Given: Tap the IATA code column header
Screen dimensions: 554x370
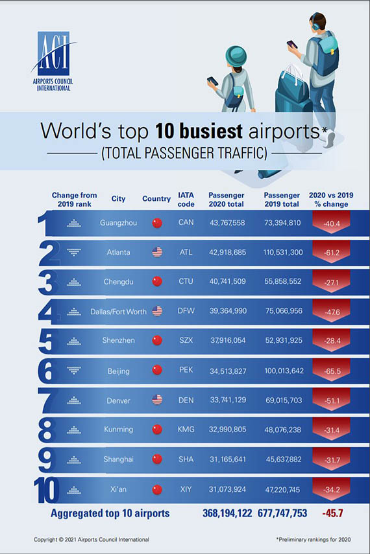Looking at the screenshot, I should (x=186, y=200).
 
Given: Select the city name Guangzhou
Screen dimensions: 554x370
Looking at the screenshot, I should (x=118, y=223).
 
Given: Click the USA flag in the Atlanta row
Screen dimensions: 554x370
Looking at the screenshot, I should (x=157, y=252).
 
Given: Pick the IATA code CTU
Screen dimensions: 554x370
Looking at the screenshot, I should (x=186, y=282).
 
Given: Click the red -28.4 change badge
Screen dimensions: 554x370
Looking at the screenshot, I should (x=331, y=341).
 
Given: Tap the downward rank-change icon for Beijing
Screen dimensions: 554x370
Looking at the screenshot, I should (x=74, y=371).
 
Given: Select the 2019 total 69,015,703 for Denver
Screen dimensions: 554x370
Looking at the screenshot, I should (x=284, y=400).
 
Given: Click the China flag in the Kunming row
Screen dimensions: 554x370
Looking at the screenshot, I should (x=157, y=430).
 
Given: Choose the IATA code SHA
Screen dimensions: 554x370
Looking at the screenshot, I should (x=186, y=459).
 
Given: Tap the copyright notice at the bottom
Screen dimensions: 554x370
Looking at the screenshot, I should (x=92, y=539).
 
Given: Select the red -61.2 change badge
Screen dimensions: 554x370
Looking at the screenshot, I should (x=331, y=252).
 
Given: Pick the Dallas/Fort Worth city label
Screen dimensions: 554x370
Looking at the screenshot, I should (x=118, y=312).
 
